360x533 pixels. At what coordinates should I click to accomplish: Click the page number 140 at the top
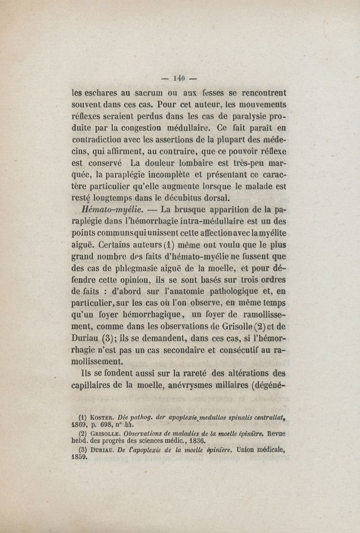(179, 78)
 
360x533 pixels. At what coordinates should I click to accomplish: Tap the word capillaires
(97, 385)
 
